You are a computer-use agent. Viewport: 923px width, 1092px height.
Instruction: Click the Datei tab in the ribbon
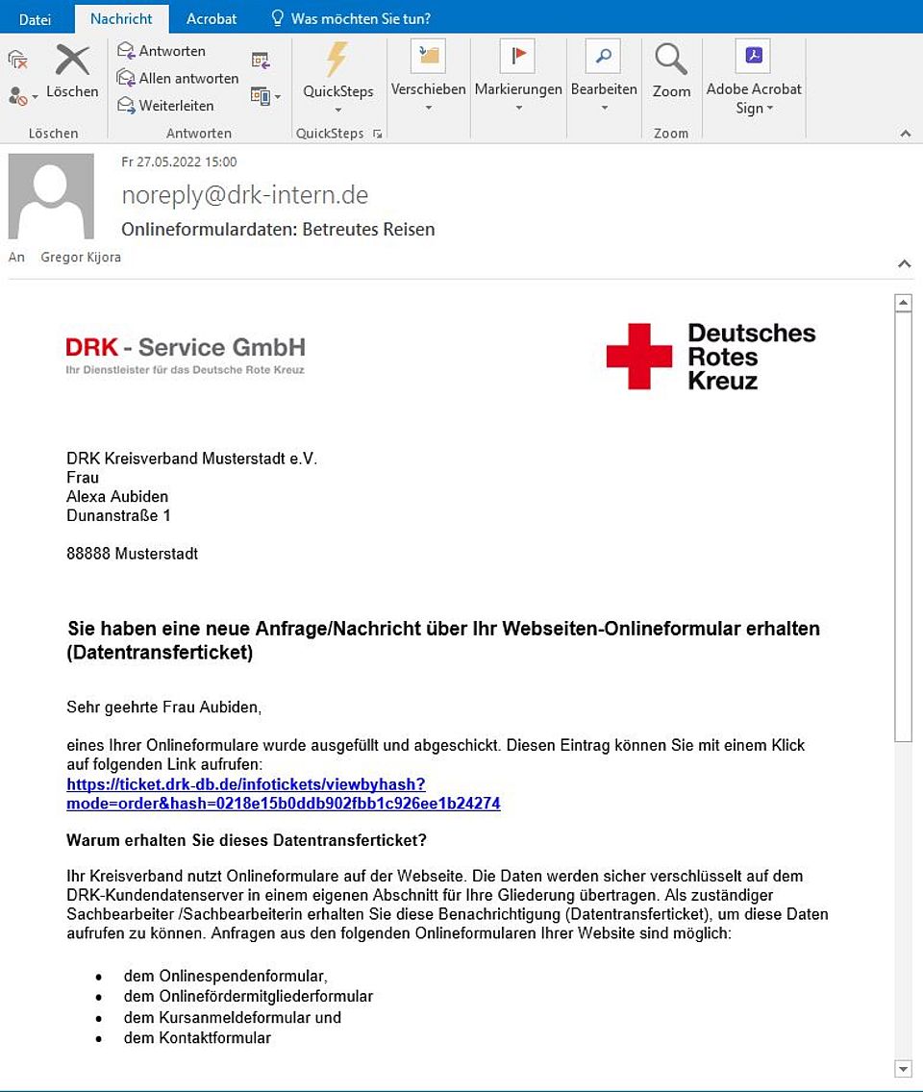35,18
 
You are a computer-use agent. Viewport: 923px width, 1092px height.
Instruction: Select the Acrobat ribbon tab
212,18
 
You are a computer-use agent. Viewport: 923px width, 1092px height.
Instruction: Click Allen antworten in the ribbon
178,78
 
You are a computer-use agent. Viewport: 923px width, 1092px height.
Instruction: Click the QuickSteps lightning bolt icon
337,60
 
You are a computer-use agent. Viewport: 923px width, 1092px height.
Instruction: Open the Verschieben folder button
428,57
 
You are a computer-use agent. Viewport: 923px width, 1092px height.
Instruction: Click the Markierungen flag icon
517,57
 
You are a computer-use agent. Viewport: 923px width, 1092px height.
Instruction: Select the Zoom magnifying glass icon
671,60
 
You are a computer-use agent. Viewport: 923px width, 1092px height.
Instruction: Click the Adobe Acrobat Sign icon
753,56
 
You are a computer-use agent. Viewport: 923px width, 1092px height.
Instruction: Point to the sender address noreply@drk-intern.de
245,195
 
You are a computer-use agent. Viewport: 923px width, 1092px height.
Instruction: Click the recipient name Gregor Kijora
81,258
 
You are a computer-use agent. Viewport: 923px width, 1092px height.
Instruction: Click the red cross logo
639,356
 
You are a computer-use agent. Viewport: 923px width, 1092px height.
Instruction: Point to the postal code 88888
88,554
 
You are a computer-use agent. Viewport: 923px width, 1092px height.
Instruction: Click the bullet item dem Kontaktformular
197,1038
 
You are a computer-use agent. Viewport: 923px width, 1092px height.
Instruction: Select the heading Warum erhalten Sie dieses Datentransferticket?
246,840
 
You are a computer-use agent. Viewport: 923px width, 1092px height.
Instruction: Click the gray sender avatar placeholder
51,196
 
